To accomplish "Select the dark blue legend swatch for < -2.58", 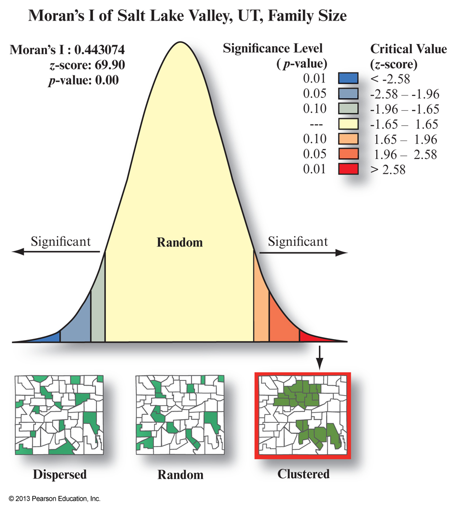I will (x=348, y=79).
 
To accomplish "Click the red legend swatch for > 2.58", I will (x=348, y=169).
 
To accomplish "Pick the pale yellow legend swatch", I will (x=348, y=124).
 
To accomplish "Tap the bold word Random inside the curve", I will (x=180, y=242).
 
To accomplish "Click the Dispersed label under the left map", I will (x=60, y=475).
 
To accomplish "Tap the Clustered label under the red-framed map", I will (x=304, y=474).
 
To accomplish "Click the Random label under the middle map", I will (x=180, y=475).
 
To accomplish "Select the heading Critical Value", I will (x=409, y=49).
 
